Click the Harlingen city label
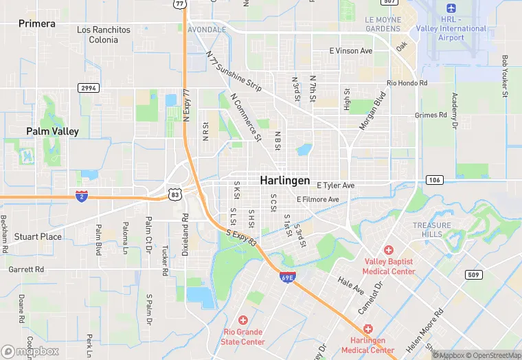pyautogui.click(x=284, y=181)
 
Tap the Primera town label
pyautogui.click(x=37, y=23)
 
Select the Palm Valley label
pyautogui.click(x=53, y=131)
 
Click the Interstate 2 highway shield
pyautogui.click(x=82, y=196)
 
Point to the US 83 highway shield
pyautogui.click(x=174, y=194)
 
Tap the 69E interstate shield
pyautogui.click(x=288, y=278)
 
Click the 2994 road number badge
pyautogui.click(x=89, y=88)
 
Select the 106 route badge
pyautogui.click(x=433, y=179)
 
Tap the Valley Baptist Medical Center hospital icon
pyautogui.click(x=389, y=250)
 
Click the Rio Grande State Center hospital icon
pyautogui.click(x=243, y=320)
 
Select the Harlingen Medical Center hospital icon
pyautogui.click(x=367, y=330)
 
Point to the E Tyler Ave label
pyautogui.click(x=336, y=185)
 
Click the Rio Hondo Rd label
pyautogui.click(x=407, y=82)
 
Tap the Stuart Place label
pyautogui.click(x=38, y=236)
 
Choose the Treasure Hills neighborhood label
pyautogui.click(x=432, y=229)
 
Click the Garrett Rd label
pyautogui.click(x=26, y=270)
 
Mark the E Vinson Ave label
pyautogui.click(x=351, y=51)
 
